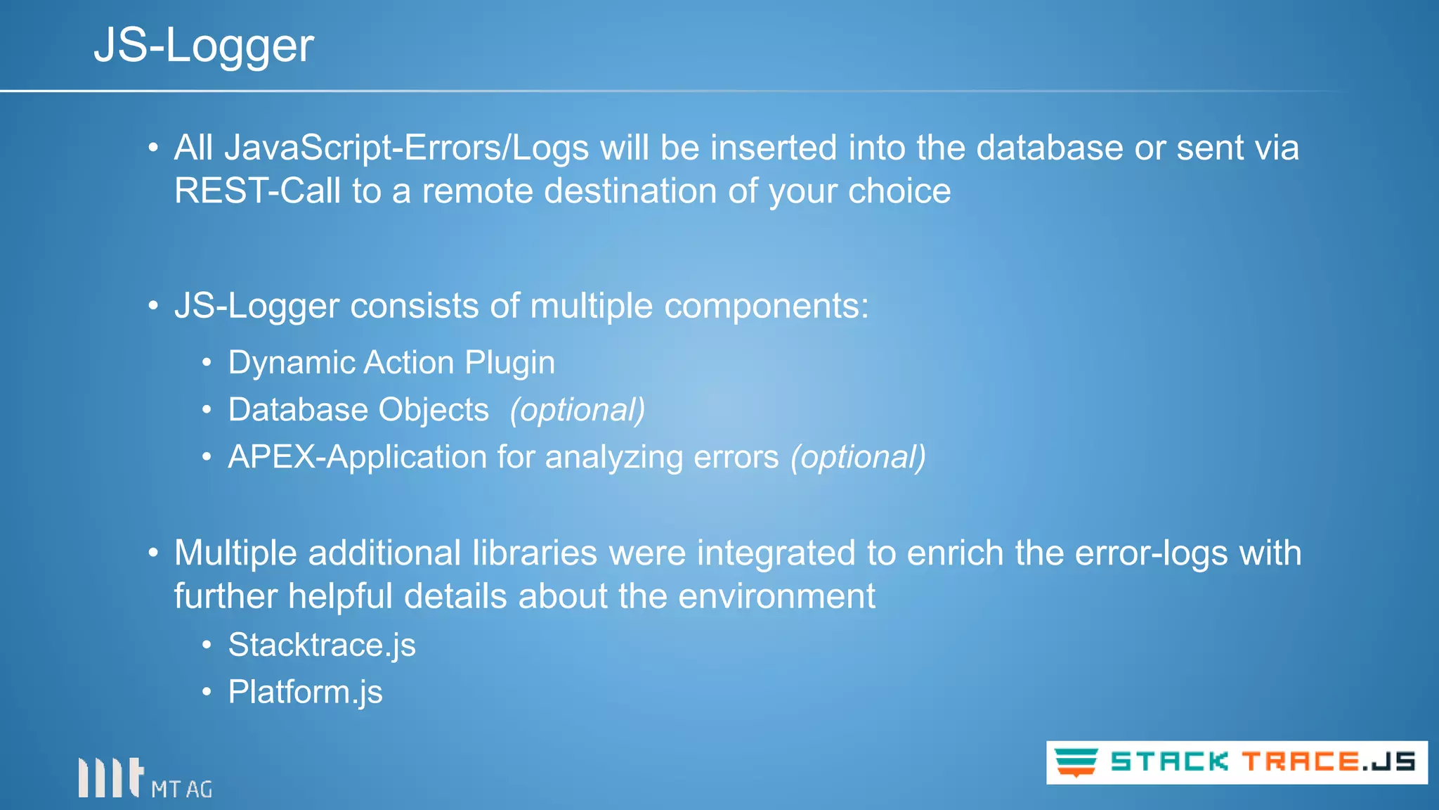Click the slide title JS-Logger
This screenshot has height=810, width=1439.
coord(204,46)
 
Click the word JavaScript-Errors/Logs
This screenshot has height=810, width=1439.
coord(407,148)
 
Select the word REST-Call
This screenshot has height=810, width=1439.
coord(257,191)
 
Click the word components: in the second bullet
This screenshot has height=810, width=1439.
coord(766,307)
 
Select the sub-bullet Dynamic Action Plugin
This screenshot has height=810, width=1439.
coord(391,363)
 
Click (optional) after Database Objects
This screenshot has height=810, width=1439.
coord(577,410)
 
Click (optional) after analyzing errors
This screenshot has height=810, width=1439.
coord(858,457)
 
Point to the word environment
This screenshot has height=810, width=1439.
coord(776,596)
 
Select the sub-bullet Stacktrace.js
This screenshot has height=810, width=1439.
coord(322,645)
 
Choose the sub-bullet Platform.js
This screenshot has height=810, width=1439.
coord(305,692)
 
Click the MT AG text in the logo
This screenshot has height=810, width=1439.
coord(181,790)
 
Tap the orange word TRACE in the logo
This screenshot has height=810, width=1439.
coord(1300,762)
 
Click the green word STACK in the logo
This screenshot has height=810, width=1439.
coord(1169,762)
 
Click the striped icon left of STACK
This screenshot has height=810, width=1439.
coord(1076,762)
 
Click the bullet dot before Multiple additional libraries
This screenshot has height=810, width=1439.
coord(153,553)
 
